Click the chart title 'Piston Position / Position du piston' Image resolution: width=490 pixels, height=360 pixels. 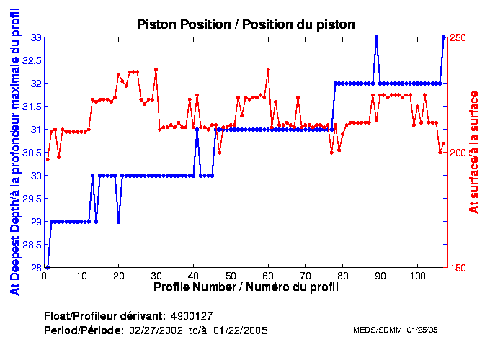click(246, 24)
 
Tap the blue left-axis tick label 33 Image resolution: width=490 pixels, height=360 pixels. click(34, 37)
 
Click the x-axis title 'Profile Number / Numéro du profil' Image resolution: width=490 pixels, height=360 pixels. click(246, 287)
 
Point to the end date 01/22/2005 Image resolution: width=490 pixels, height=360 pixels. click(244, 330)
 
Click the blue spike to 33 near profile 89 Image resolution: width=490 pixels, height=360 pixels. click(376, 37)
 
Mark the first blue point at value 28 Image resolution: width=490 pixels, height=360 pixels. click(48, 268)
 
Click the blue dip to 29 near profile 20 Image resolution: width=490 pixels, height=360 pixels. click(118, 222)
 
